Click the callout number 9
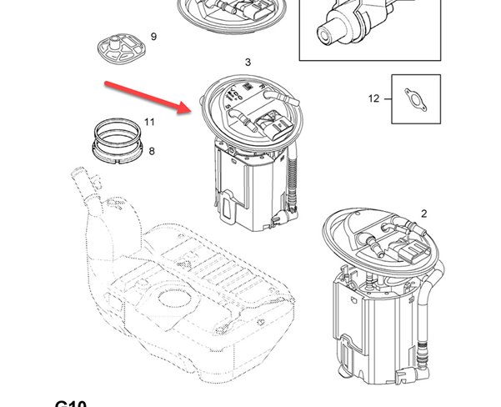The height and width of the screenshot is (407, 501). tap(153, 37)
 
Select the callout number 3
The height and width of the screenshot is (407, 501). tap(248, 63)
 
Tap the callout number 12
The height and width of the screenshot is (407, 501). tap(373, 98)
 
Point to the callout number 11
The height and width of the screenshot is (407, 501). tap(150, 122)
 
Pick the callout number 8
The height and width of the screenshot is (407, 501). tap(152, 151)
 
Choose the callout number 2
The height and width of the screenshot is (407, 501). tap(423, 214)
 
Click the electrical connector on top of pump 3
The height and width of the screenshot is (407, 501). tap(273, 124)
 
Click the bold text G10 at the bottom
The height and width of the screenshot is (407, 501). tap(72, 402)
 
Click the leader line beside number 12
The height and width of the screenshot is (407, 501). tap(388, 99)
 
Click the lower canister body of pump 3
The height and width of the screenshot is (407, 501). tap(250, 188)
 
